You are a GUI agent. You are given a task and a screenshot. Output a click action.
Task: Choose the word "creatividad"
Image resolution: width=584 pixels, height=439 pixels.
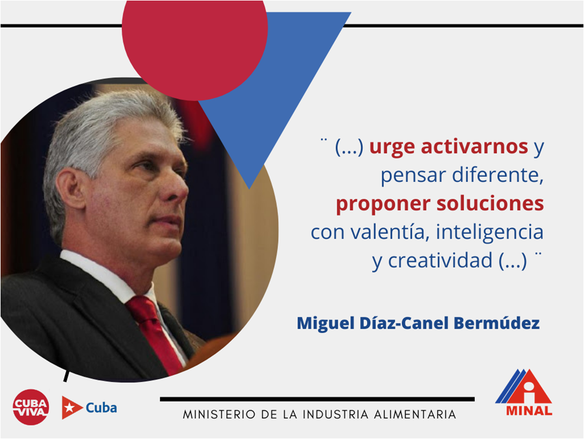440,260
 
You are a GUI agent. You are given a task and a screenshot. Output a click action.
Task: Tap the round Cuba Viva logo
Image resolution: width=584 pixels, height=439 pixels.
31,407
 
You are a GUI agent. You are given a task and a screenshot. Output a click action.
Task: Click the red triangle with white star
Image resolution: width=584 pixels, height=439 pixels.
71,408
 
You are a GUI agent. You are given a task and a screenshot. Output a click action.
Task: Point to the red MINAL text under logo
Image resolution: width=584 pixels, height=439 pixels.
529,410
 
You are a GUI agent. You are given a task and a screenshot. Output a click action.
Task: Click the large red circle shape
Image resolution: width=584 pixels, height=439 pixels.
195,41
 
